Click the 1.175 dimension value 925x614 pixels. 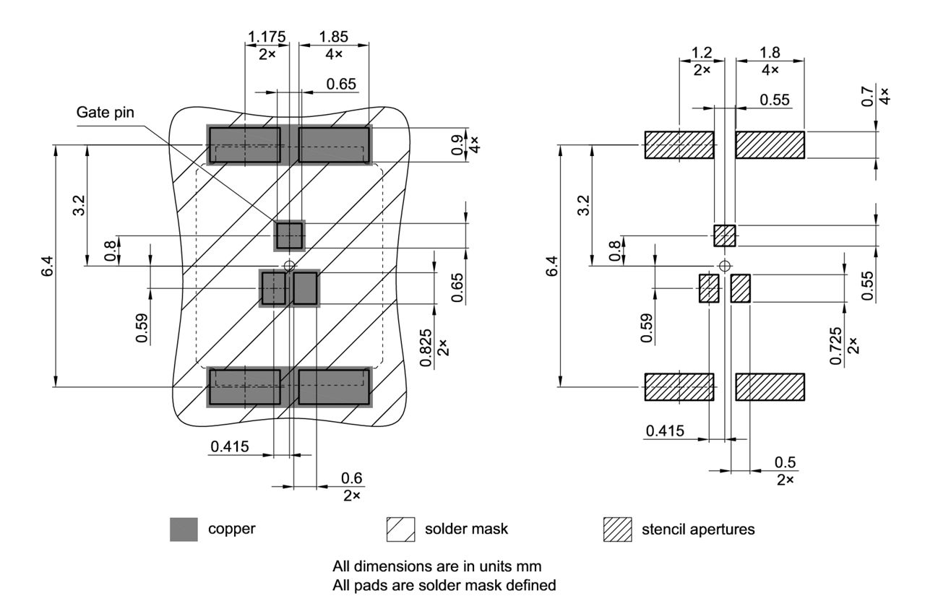point(267,36)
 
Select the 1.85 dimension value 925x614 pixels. point(333,36)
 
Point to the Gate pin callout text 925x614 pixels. point(106,112)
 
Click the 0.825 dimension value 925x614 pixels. point(426,347)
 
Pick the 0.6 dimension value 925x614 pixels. point(351,478)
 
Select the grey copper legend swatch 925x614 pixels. point(184,529)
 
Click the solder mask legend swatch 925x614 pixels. point(401,529)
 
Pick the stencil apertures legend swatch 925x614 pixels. point(618,529)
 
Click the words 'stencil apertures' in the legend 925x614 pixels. point(698,529)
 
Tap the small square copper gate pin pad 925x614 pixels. point(290,235)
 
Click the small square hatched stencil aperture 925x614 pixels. point(724,235)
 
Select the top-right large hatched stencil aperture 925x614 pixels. point(770,144)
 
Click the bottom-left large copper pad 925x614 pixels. point(244,387)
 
